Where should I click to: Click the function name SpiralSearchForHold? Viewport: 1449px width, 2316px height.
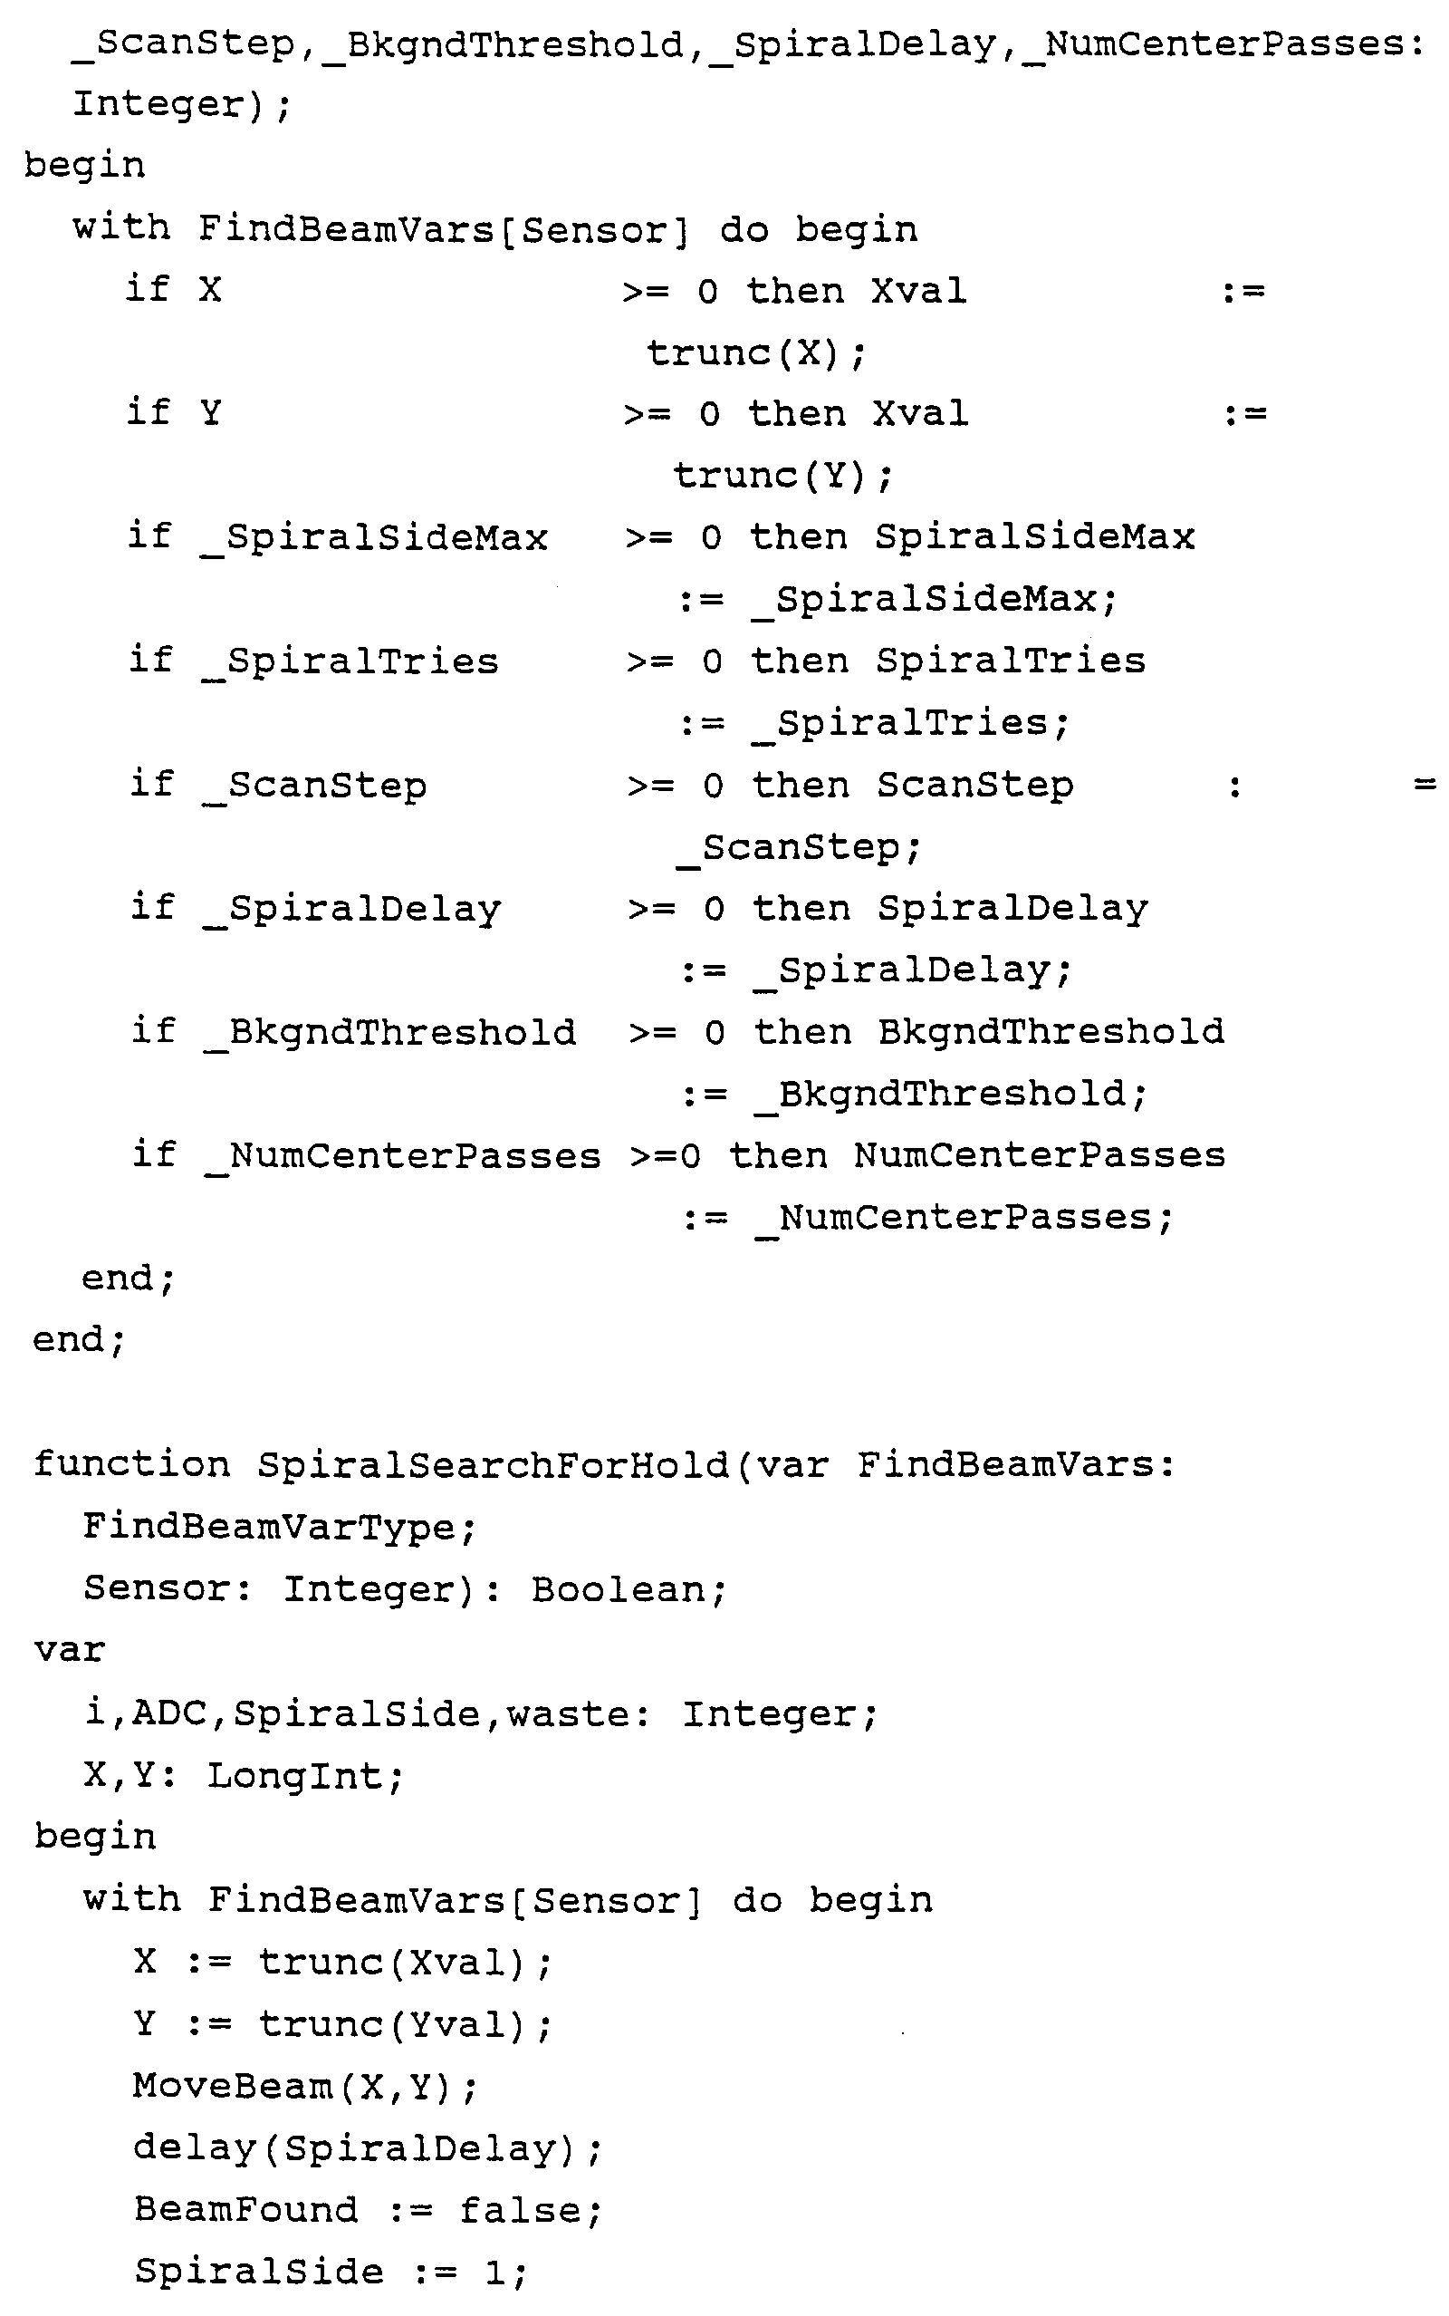pyautogui.click(x=493, y=1465)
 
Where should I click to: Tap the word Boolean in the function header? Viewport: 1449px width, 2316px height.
pyautogui.click(x=629, y=1589)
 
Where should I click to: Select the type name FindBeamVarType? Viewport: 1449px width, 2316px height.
pyautogui.click(x=278, y=1527)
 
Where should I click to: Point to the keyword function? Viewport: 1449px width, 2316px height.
pyautogui.click(x=132, y=1465)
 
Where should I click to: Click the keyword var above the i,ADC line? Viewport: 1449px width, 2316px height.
pyautogui.click(x=69, y=1651)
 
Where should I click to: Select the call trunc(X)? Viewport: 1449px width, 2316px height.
pyautogui.click(x=756, y=353)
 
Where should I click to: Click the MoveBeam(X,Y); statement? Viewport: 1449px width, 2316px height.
pyautogui.click(x=305, y=2087)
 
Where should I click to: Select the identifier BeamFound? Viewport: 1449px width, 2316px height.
pyautogui.click(x=246, y=2211)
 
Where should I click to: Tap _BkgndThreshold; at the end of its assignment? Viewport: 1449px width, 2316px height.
pyautogui.click(x=952, y=1095)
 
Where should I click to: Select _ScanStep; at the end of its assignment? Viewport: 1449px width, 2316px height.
pyautogui.click(x=798, y=848)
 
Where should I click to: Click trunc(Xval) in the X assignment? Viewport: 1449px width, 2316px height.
pyautogui.click(x=393, y=1964)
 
